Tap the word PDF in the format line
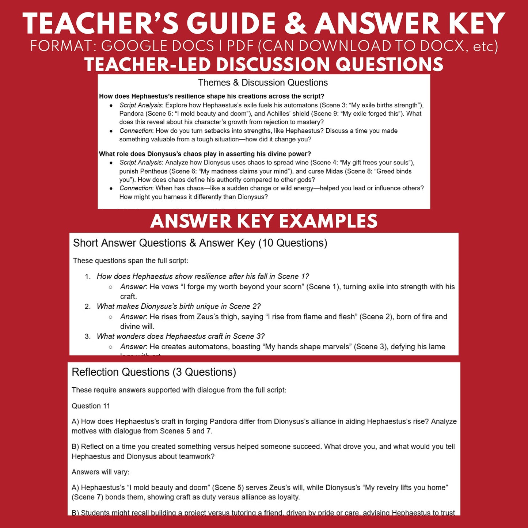tap(240, 46)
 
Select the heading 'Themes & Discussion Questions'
tap(263, 83)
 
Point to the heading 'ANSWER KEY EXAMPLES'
tap(264, 221)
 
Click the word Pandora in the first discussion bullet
tap(131, 114)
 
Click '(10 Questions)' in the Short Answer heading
tap(293, 243)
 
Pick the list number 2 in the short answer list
tap(87, 307)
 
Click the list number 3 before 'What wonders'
tap(87, 337)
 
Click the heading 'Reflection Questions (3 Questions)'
tap(154, 372)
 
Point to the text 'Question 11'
tap(91, 406)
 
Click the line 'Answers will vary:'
tap(100, 472)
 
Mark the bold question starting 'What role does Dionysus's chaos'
tap(205, 154)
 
